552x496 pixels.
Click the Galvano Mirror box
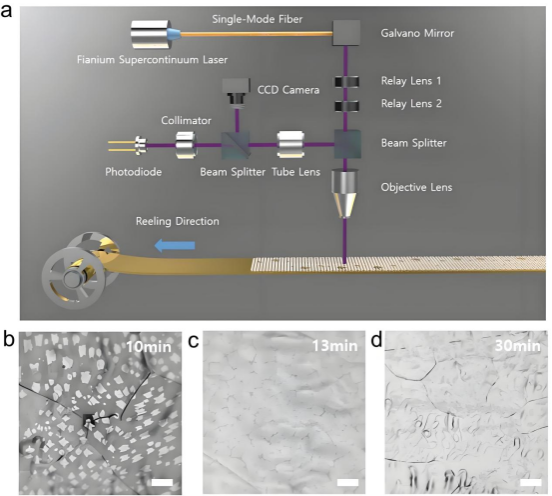click(346, 33)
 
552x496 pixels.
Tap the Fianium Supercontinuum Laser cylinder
click(152, 35)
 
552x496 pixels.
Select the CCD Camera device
click(236, 91)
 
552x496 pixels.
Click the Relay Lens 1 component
click(346, 82)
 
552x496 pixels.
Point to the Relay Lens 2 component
click(346, 106)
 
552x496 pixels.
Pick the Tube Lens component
click(290, 145)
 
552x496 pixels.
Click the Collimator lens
click(186, 145)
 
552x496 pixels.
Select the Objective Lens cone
click(344, 193)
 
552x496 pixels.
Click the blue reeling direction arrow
click(175, 245)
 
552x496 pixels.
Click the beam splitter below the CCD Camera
click(236, 145)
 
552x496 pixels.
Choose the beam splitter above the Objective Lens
click(347, 144)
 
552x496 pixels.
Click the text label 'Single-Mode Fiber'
click(257, 19)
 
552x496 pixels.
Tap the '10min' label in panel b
click(149, 347)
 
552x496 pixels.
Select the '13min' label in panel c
click(334, 346)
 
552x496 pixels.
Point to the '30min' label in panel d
click(517, 346)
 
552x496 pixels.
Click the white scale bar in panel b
click(163, 482)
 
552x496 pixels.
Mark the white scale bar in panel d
click(530, 482)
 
